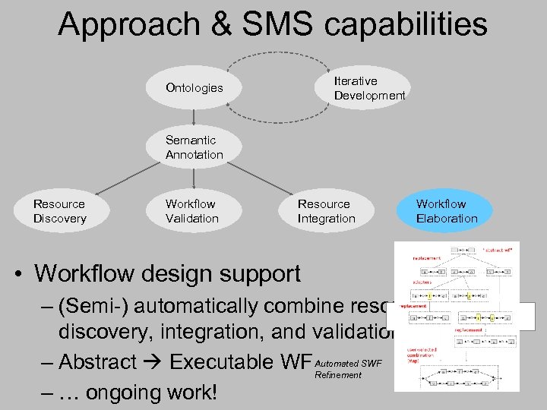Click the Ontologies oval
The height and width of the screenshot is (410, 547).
click(194, 88)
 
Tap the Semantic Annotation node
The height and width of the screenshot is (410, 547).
click(194, 147)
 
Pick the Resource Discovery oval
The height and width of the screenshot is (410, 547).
click(60, 211)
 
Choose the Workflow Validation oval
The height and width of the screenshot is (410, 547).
click(192, 211)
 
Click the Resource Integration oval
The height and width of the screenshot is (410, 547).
click(327, 211)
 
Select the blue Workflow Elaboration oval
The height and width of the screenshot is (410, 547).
click(447, 211)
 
